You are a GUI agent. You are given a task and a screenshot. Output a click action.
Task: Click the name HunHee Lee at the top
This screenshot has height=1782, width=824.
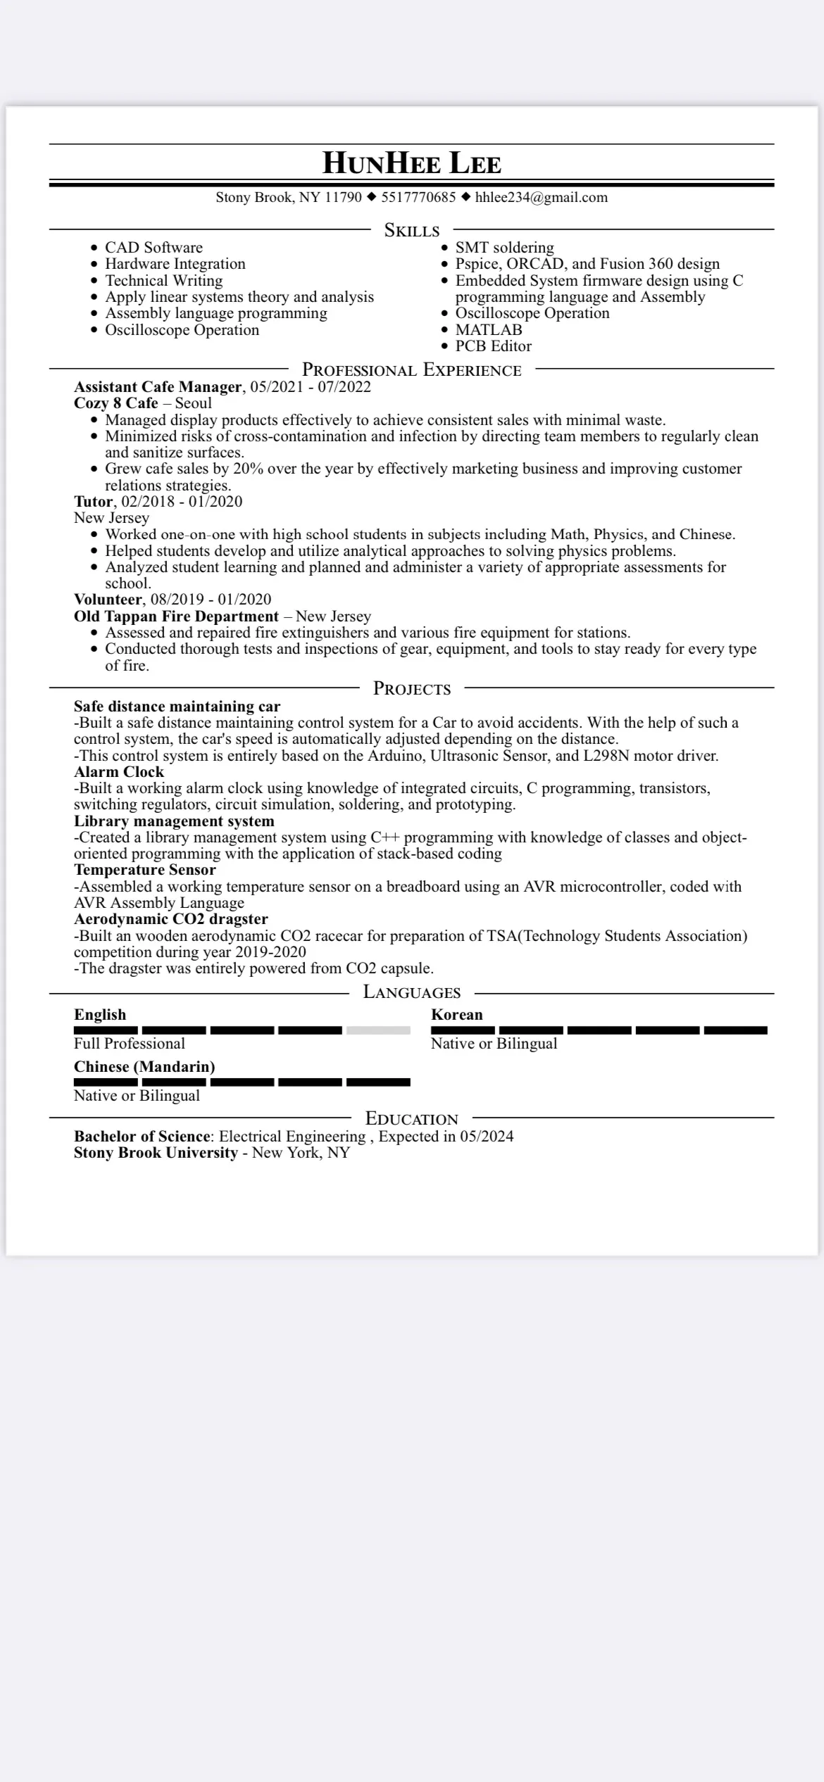pos(411,163)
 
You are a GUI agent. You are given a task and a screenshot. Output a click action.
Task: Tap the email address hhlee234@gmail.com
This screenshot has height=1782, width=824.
pos(541,197)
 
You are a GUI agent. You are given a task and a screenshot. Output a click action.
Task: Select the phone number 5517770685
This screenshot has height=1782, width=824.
pos(418,197)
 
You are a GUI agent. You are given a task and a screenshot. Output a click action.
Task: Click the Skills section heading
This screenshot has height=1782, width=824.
pos(411,230)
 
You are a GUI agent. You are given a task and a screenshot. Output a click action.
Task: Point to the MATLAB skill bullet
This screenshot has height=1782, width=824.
pos(488,329)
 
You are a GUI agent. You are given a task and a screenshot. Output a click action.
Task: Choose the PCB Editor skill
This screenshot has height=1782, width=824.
pos(493,346)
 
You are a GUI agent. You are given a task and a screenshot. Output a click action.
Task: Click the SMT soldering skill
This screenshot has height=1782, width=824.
pos(504,247)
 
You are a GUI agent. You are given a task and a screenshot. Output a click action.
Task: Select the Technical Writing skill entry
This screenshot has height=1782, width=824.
pos(163,280)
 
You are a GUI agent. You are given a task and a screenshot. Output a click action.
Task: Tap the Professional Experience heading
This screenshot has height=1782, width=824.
pos(411,370)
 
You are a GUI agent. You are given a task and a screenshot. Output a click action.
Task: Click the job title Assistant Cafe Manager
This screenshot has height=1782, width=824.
pos(158,386)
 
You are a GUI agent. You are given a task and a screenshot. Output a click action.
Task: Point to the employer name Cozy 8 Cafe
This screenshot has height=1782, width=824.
pos(116,403)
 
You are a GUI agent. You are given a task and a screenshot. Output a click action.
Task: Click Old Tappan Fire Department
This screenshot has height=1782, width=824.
pos(176,616)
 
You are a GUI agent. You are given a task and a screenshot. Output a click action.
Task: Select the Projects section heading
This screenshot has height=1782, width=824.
pos(411,688)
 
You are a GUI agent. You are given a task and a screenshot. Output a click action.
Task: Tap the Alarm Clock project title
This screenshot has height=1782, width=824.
pos(119,771)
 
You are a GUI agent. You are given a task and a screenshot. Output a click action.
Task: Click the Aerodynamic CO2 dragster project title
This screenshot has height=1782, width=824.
pos(171,918)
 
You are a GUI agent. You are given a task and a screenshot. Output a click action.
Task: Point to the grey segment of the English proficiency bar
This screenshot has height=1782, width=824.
pos(378,1030)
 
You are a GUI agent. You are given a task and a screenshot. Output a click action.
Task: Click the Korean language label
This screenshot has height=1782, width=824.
pos(457,1014)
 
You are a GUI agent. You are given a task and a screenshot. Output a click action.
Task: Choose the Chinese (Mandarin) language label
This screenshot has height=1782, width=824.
pos(144,1066)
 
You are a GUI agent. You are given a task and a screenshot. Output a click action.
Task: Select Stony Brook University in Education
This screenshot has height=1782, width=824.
pos(156,1152)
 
